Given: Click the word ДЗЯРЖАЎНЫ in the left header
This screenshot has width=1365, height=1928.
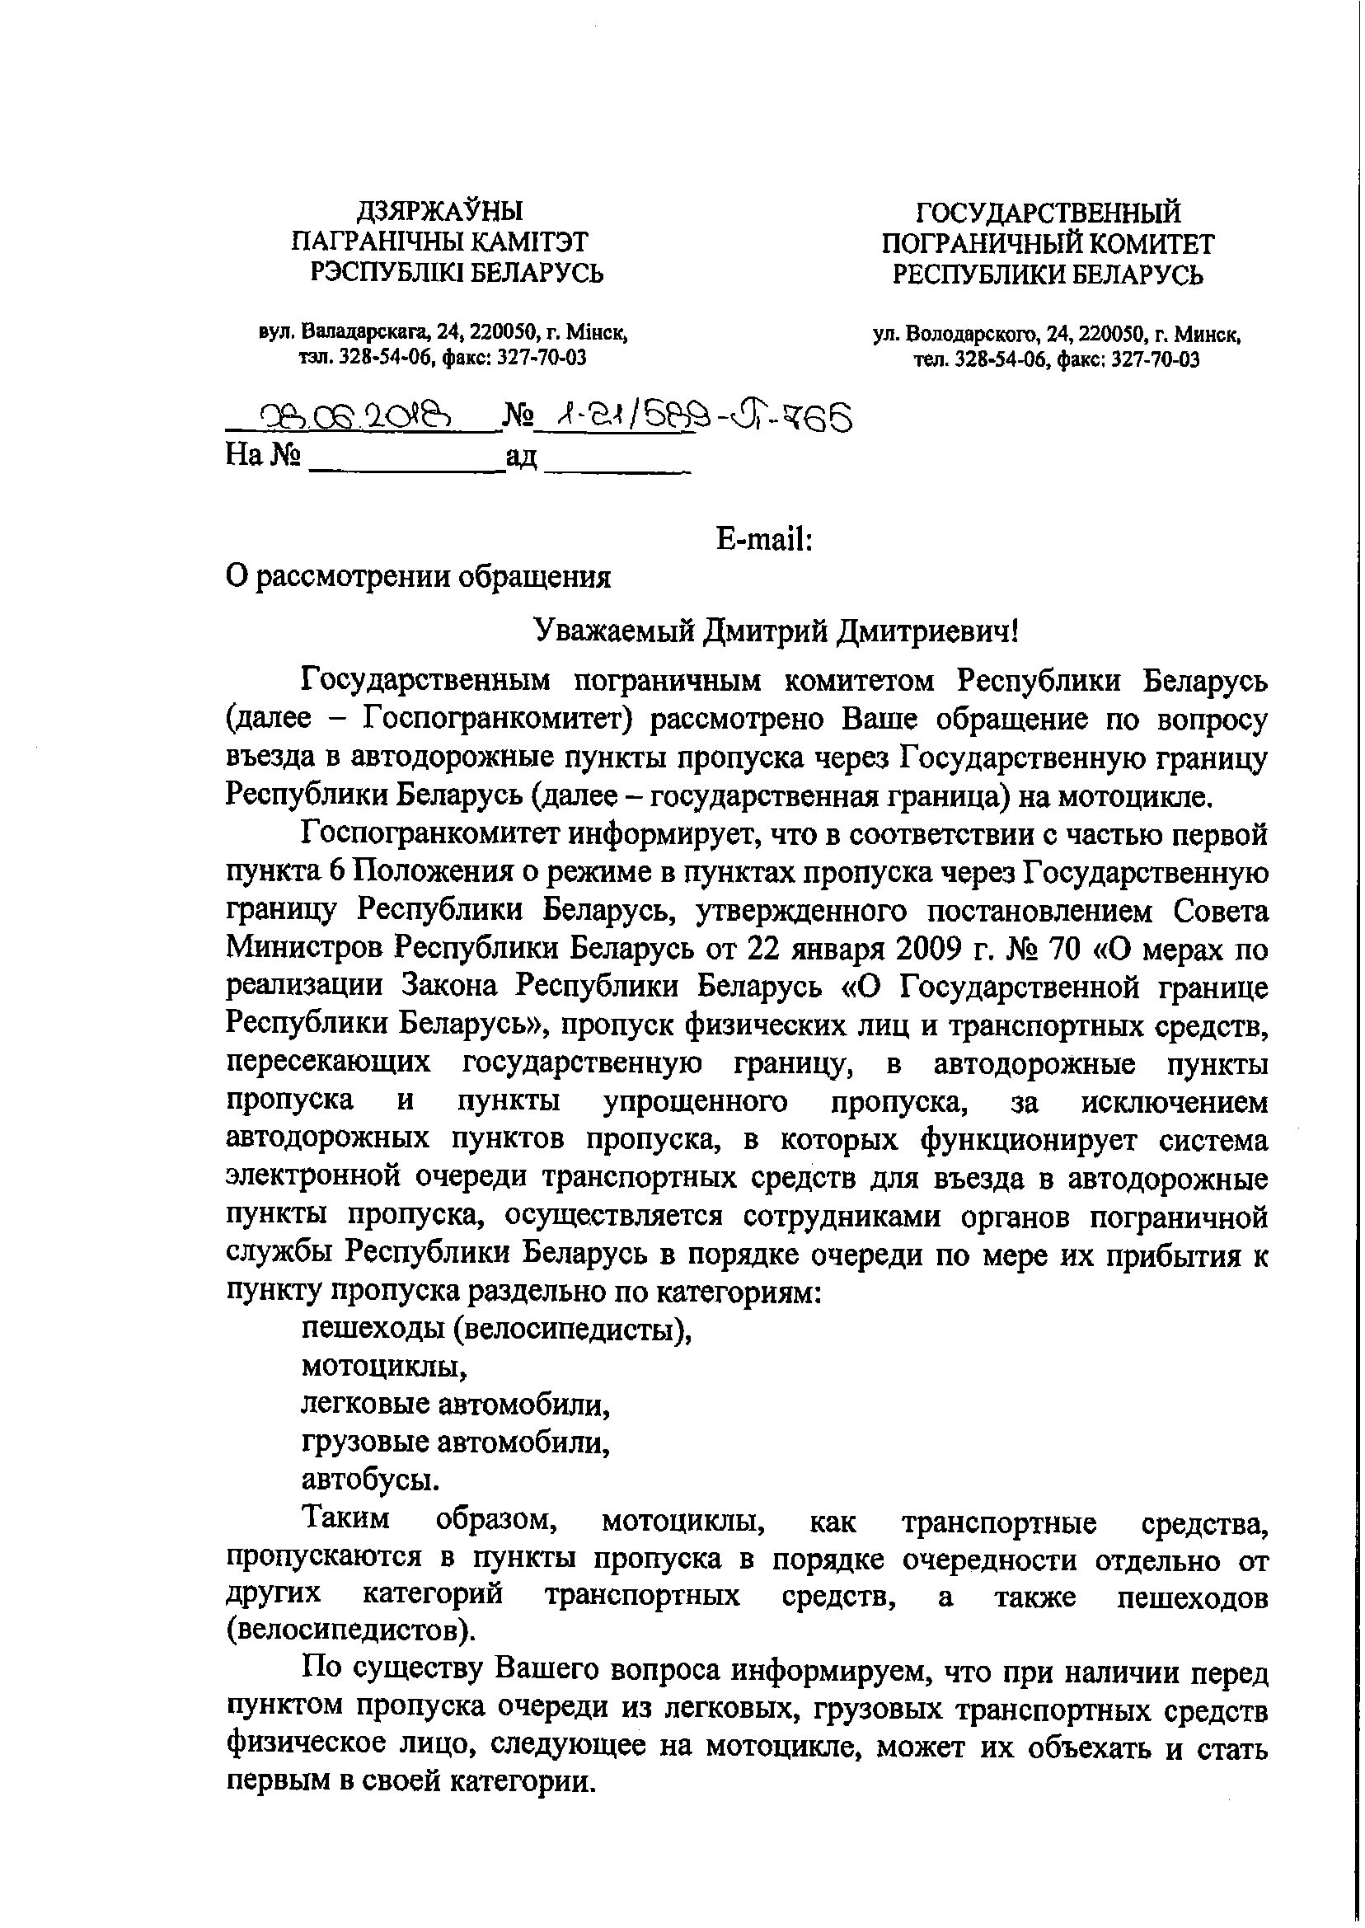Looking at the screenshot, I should coord(439,211).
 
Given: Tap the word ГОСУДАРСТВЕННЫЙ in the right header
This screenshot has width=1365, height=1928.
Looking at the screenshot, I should coord(1048,213).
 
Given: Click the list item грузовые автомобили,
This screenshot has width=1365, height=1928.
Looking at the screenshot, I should coord(456,1442).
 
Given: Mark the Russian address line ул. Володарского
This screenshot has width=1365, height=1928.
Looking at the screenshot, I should coord(1058,335).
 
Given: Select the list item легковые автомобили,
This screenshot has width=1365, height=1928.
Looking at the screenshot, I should coord(456,1404).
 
